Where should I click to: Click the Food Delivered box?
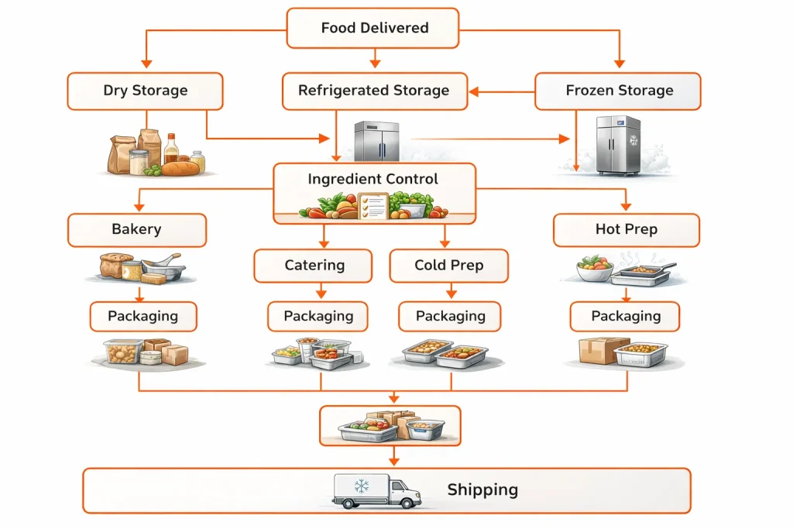[x=373, y=28]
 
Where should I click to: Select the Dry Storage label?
[x=145, y=91]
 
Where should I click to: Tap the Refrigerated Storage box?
[x=374, y=91]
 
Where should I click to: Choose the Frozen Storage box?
[x=618, y=91]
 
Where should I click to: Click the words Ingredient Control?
[x=372, y=179]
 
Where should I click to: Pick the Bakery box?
[x=136, y=230]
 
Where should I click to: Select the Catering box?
[x=314, y=265]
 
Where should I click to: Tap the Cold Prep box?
[x=449, y=265]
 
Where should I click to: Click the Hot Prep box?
[x=626, y=230]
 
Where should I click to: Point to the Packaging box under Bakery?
[x=142, y=316]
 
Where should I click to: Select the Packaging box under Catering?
[x=318, y=316]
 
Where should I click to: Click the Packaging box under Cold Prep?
[x=450, y=316]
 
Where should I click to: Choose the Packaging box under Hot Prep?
[x=625, y=316]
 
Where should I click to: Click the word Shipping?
[x=482, y=489]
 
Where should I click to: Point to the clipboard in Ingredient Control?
[x=373, y=205]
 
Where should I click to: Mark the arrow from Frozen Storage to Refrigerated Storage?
[x=502, y=91]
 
